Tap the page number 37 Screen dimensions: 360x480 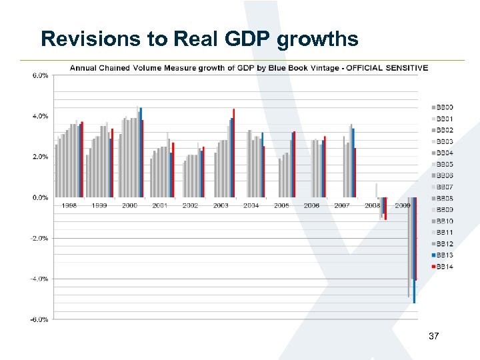[433, 337]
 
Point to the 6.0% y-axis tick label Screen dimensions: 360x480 [40, 75]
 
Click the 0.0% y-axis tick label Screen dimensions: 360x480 [40, 197]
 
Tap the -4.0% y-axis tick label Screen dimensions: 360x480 [39, 279]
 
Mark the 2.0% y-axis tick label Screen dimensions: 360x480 [40, 157]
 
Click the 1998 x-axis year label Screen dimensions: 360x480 [69, 206]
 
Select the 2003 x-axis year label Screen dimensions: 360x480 [221, 206]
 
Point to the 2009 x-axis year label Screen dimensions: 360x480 [402, 206]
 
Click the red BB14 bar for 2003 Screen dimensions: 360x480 [233, 153]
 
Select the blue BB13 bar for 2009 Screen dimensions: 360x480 [414, 250]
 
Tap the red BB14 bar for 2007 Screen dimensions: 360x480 [355, 173]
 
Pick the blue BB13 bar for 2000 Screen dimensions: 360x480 [141, 153]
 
